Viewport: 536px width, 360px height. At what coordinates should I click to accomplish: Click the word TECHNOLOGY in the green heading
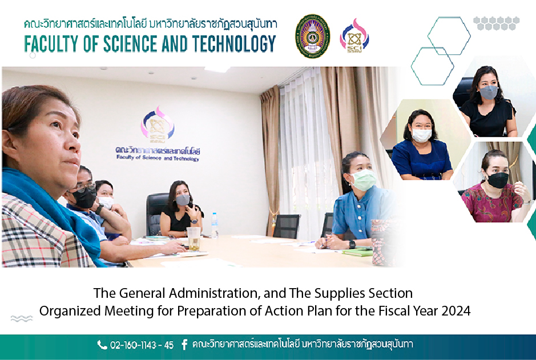(x=234, y=44)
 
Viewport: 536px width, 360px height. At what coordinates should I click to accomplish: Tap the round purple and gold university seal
(x=312, y=36)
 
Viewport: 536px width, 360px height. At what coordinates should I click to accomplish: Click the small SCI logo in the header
(x=354, y=36)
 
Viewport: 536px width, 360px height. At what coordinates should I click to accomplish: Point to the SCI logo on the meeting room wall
(x=158, y=124)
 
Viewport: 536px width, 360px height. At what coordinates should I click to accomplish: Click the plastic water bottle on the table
(x=215, y=225)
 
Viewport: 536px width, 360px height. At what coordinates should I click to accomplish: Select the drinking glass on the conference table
(x=194, y=238)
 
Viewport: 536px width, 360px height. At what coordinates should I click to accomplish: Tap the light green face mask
(x=364, y=180)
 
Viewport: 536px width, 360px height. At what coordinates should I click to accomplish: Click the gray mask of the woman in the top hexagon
(x=489, y=92)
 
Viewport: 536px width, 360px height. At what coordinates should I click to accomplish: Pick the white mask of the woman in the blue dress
(x=421, y=135)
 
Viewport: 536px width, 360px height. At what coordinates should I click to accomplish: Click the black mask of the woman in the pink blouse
(x=498, y=180)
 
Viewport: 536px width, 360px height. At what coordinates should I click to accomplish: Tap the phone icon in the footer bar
(x=102, y=345)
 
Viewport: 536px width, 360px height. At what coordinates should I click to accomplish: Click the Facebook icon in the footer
(x=184, y=345)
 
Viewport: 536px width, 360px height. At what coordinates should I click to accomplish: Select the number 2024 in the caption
(x=456, y=311)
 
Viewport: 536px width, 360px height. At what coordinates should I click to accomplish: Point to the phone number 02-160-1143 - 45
(x=142, y=345)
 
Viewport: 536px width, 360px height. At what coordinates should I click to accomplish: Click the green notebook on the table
(x=357, y=252)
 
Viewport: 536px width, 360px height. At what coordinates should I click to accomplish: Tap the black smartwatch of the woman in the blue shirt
(x=352, y=244)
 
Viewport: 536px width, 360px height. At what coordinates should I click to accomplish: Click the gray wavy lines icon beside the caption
(x=22, y=319)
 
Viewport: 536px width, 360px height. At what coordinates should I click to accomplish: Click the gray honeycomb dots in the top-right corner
(x=497, y=23)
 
